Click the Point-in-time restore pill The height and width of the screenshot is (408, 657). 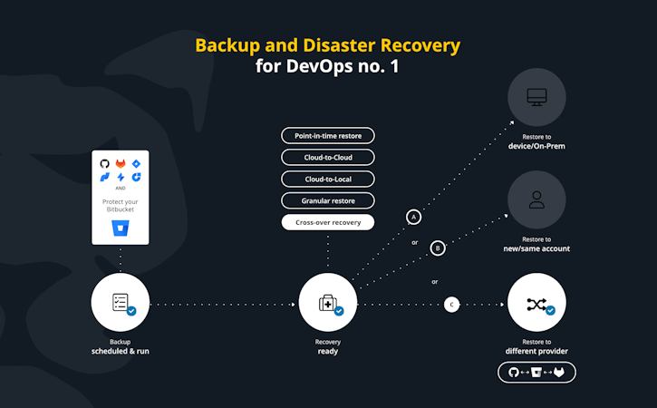pyautogui.click(x=327, y=136)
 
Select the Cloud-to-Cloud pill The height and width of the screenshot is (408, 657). pyautogui.click(x=327, y=157)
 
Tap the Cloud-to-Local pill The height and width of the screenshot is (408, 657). pyautogui.click(x=327, y=179)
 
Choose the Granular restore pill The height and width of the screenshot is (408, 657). pyautogui.click(x=327, y=199)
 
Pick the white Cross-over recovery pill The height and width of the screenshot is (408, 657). pyautogui.click(x=327, y=221)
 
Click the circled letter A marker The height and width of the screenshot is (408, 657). pyautogui.click(x=414, y=218)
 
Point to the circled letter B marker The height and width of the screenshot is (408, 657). pyautogui.click(x=438, y=247)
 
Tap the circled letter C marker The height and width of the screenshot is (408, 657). pyautogui.click(x=452, y=305)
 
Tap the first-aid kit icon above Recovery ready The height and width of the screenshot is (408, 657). pyautogui.click(x=326, y=304)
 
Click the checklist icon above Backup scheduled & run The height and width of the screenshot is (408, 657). pyautogui.click(x=119, y=303)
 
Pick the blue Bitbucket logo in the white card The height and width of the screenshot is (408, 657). pyautogui.click(x=120, y=227)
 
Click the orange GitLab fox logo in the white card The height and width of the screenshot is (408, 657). pyautogui.click(x=120, y=163)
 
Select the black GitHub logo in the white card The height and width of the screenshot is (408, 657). pyautogui.click(x=104, y=163)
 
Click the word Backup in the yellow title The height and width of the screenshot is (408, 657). pyautogui.click(x=227, y=44)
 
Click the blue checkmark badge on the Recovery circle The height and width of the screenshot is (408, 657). pyautogui.click(x=339, y=311)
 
